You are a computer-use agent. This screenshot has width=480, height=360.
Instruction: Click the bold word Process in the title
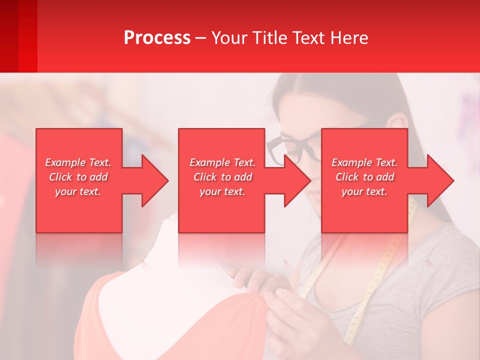click(x=157, y=38)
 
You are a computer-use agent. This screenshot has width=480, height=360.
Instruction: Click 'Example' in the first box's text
click(x=65, y=162)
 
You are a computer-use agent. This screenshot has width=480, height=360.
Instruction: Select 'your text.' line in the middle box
click(x=222, y=191)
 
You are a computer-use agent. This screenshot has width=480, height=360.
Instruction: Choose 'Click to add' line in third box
click(x=365, y=177)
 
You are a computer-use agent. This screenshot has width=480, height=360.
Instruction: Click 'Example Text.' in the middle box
click(x=222, y=162)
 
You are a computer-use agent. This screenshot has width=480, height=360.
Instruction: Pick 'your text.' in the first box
click(x=78, y=191)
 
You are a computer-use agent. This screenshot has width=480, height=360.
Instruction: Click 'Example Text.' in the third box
click(x=364, y=162)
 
